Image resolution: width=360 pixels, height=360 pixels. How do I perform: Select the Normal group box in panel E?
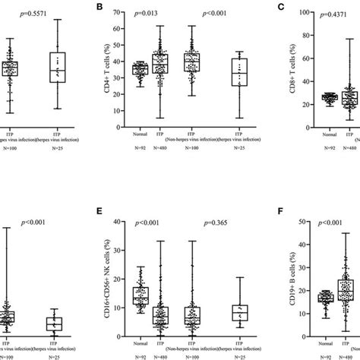(141, 295)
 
